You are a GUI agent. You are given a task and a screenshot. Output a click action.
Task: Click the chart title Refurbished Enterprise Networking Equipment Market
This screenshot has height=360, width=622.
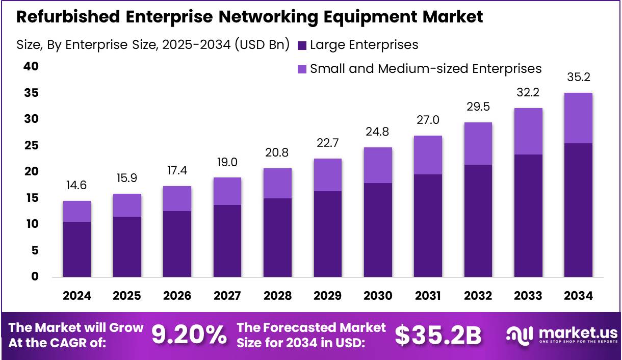click(249, 17)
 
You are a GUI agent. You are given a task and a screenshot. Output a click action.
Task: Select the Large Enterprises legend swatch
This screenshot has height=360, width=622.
click(301, 45)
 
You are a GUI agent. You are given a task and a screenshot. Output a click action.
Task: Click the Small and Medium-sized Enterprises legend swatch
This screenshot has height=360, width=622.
click(301, 69)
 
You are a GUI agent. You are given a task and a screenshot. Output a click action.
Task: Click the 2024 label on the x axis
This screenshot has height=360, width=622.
click(77, 296)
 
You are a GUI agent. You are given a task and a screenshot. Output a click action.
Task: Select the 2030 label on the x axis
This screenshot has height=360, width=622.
click(378, 296)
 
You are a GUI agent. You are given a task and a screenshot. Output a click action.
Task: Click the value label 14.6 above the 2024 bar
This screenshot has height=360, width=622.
click(77, 186)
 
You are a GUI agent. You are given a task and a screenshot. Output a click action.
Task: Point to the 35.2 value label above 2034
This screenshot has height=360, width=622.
click(578, 78)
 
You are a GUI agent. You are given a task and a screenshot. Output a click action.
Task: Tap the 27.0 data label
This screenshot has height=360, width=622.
click(428, 120)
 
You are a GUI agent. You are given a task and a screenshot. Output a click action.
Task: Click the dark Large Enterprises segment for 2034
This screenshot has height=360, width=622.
click(578, 210)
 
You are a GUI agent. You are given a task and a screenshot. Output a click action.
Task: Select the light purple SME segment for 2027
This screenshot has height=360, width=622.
click(227, 191)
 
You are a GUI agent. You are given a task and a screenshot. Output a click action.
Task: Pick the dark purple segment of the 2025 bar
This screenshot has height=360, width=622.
click(127, 247)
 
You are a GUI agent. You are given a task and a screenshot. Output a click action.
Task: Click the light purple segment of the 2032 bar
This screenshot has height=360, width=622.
click(478, 143)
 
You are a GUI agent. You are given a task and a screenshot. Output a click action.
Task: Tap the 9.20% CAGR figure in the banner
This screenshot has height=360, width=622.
click(189, 335)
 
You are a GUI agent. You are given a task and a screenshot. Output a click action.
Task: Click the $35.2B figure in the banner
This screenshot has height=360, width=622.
click(438, 335)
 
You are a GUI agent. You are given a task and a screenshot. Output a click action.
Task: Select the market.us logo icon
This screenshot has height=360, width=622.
click(519, 335)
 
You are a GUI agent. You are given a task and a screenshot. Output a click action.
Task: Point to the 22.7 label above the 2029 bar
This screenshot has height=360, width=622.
click(327, 143)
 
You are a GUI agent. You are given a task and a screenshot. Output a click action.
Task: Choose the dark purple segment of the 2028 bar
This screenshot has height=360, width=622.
click(277, 238)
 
